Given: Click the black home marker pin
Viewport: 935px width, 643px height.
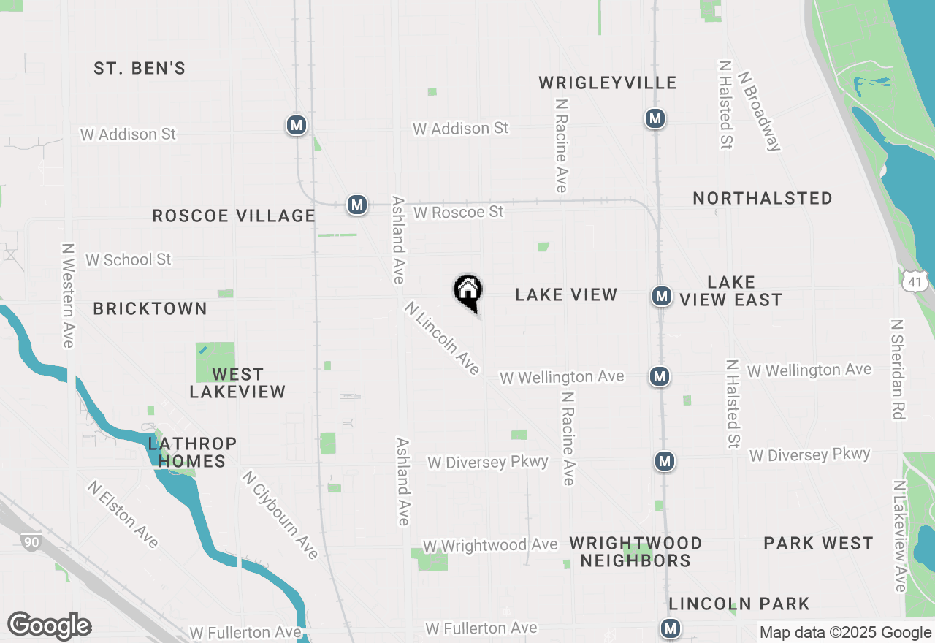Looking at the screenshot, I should click(x=468, y=292).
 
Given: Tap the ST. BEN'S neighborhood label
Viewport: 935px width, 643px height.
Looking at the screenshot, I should click(x=140, y=69).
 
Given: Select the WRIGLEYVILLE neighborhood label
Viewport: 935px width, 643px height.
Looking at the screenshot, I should click(x=608, y=83).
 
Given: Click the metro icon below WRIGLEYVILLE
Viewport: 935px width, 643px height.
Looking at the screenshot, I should click(x=654, y=118).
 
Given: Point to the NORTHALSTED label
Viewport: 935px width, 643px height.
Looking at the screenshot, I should click(x=763, y=199).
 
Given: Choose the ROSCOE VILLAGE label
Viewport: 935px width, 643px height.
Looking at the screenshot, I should click(x=234, y=216).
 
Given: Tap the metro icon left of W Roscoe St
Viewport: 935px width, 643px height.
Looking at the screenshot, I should click(x=356, y=205).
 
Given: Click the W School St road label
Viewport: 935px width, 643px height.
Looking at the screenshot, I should click(x=129, y=260).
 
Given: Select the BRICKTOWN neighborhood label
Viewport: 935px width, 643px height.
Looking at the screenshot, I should click(x=150, y=309).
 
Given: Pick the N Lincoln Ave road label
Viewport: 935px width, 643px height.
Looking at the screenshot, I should click(x=442, y=338).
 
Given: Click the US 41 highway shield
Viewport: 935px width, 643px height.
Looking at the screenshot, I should click(x=914, y=281).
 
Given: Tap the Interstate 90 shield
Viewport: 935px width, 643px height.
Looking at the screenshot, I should click(x=31, y=541).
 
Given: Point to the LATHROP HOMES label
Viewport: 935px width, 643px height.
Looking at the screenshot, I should click(x=192, y=452).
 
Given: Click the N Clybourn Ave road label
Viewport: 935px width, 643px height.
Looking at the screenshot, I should click(x=281, y=515).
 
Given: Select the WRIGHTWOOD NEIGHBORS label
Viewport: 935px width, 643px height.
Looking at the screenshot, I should click(x=636, y=552).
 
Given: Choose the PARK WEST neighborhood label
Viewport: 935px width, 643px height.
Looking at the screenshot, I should click(x=818, y=544).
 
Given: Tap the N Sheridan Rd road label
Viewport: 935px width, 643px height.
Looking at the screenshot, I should click(x=898, y=370).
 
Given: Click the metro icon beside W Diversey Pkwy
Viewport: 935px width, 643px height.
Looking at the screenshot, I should click(x=664, y=462).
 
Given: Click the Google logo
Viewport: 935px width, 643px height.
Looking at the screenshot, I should click(x=50, y=626).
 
